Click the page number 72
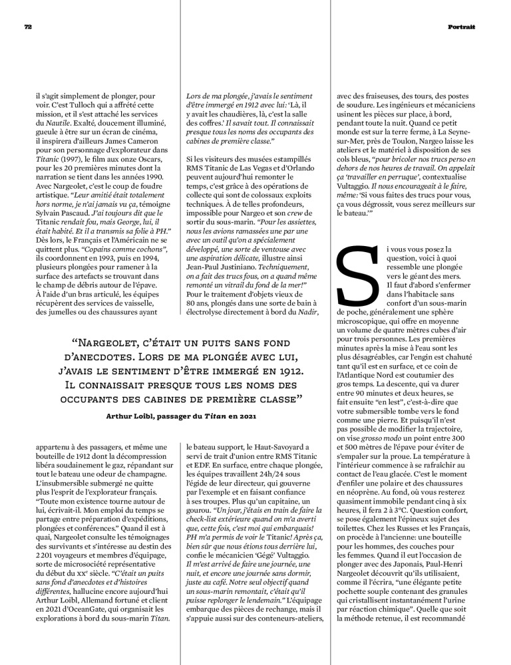pyautogui.click(x=29, y=27)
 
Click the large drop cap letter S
pyautogui.click(x=357, y=280)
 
